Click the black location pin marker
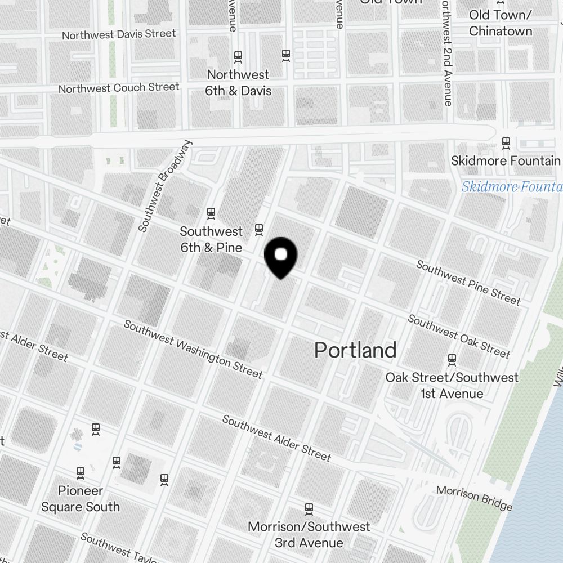(x=280, y=257)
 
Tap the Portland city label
(x=355, y=350)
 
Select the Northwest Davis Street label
(x=119, y=34)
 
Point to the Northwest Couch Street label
(x=119, y=88)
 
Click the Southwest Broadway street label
(x=164, y=186)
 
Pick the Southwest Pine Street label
(x=468, y=283)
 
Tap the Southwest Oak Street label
(x=459, y=336)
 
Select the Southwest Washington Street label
(x=193, y=349)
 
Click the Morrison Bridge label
(x=474, y=497)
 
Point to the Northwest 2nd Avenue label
(x=446, y=53)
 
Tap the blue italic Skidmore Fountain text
(x=511, y=187)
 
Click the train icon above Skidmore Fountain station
(x=506, y=142)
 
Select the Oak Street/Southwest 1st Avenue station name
(x=452, y=385)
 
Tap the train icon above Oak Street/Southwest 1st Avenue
(x=452, y=359)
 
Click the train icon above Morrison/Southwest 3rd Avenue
(x=309, y=508)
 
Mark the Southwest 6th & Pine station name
(x=211, y=239)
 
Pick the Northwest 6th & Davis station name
(x=238, y=83)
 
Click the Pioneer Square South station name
(x=81, y=499)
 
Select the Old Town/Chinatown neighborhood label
(x=500, y=23)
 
